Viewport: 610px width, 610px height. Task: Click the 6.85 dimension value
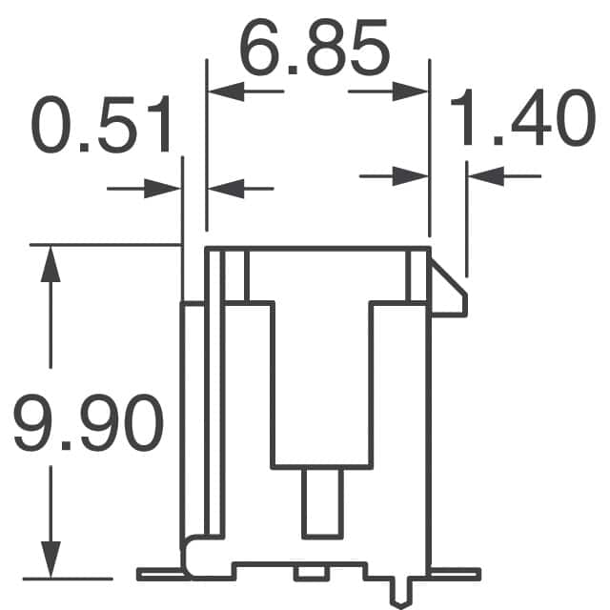coord(315,47)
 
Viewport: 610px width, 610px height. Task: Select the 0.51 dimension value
coord(101,124)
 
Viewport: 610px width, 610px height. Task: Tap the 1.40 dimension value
coord(522,117)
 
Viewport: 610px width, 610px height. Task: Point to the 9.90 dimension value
coord(88,422)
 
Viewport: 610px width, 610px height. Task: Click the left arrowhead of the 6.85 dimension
coord(226,91)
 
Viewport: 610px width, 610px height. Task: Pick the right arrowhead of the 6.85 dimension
coord(410,91)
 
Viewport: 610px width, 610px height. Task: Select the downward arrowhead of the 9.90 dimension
coord(51,559)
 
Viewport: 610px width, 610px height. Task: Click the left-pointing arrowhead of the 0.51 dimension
coord(226,189)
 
